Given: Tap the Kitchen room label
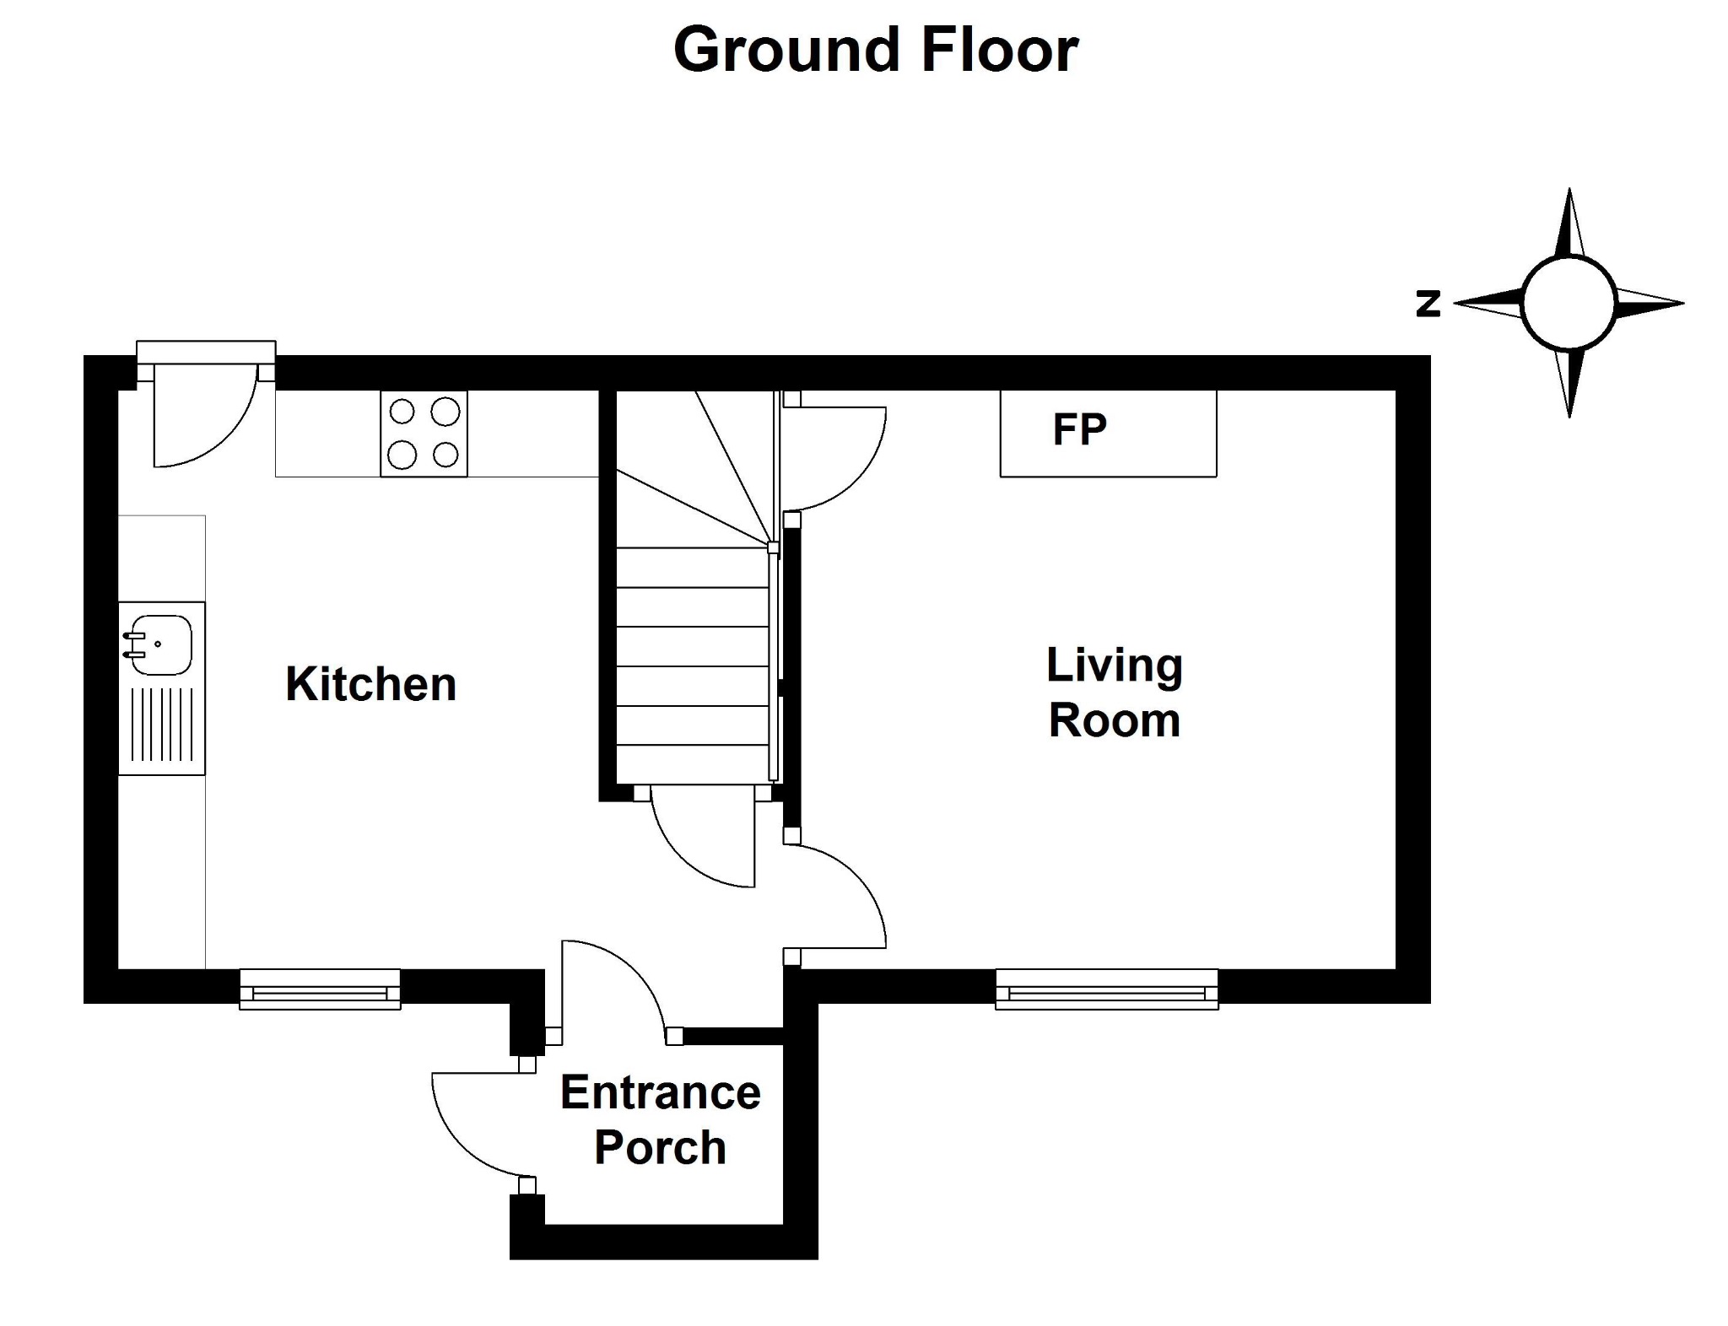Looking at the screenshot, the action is click(x=371, y=684).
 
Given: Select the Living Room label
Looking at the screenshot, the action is click(x=1115, y=693).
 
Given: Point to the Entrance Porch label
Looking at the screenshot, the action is click(x=661, y=1120).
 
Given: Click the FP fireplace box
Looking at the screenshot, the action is click(x=1108, y=434).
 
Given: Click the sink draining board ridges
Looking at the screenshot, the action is click(x=162, y=725).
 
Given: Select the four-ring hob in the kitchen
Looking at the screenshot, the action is click(x=424, y=434).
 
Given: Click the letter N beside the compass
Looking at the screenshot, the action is click(x=1428, y=303).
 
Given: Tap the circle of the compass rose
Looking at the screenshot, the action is click(x=1569, y=257).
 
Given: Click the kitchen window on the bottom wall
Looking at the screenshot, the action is click(x=320, y=989).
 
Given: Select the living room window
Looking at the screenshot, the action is click(x=1107, y=989).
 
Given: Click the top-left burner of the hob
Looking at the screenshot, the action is click(x=402, y=412).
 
